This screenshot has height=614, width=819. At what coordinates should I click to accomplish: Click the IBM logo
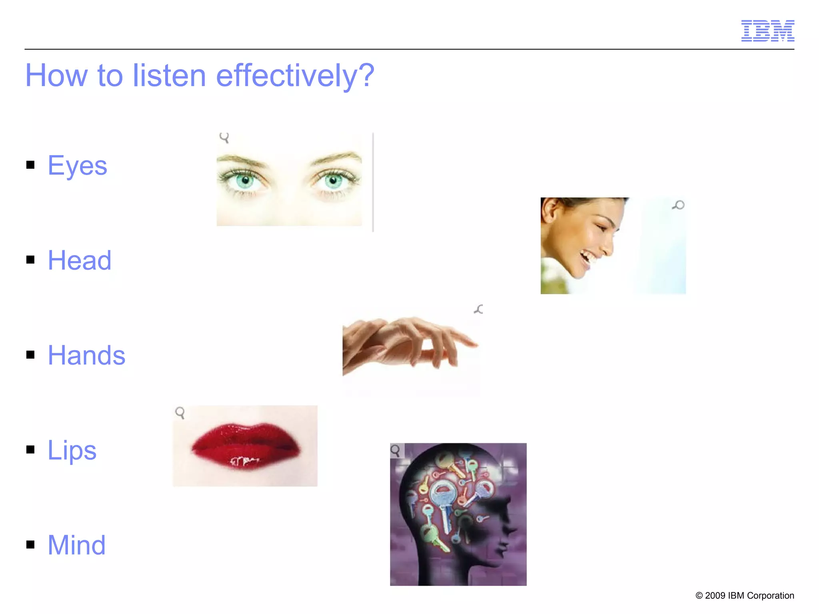click(x=767, y=31)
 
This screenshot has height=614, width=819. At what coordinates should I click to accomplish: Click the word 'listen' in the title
click(x=169, y=76)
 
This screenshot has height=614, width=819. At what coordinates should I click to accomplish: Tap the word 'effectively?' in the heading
click(x=295, y=76)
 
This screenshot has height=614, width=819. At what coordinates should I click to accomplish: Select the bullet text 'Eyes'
click(x=78, y=165)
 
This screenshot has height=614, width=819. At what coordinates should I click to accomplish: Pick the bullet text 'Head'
click(x=80, y=260)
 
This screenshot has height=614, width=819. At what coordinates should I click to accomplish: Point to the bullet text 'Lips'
click(x=72, y=450)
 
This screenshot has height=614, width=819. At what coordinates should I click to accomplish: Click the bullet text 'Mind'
click(x=77, y=545)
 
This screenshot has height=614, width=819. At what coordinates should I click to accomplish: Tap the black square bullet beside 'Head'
click(x=30, y=260)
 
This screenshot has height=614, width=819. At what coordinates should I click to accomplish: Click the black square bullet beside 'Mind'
click(x=30, y=544)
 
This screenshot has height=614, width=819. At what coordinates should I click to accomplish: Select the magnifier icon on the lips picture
click(x=180, y=413)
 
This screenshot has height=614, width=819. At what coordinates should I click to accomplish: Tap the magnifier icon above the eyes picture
click(x=224, y=138)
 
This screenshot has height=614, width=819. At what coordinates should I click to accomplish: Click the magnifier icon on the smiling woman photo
click(x=678, y=205)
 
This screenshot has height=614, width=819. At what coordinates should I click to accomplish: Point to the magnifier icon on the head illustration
click(x=396, y=451)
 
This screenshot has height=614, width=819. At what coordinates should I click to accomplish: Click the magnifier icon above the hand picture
click(x=479, y=309)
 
